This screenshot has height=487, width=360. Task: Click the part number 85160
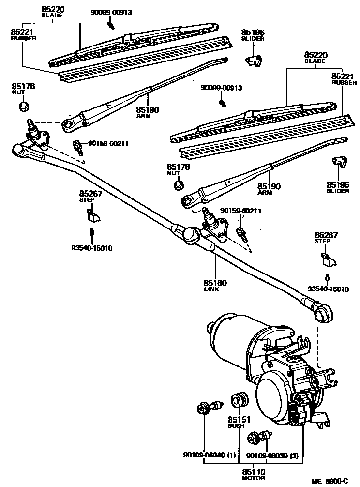[215, 283]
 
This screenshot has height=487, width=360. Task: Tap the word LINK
[211, 289]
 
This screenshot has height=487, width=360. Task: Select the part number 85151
[239, 419]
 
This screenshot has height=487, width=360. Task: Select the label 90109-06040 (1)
[210, 455]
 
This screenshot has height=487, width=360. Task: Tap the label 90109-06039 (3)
[272, 455]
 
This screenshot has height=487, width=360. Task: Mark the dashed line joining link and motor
[318, 344]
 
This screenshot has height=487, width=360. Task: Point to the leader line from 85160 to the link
[215, 266]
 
